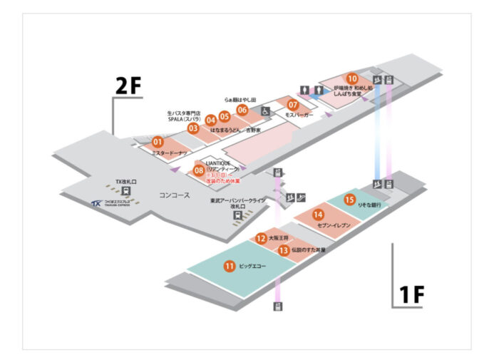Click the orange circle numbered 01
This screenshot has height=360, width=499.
click(x=158, y=143)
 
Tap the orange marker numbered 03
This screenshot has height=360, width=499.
click(x=192, y=128)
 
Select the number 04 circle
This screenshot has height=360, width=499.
click(x=211, y=120)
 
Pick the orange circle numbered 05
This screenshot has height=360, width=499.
click(x=225, y=115)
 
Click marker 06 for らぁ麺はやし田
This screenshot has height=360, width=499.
click(x=242, y=110)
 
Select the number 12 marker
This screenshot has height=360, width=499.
click(x=262, y=238)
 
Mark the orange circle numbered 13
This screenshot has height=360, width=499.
click(x=284, y=250)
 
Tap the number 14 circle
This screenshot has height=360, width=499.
click(x=318, y=214)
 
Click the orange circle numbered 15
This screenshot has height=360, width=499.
click(x=349, y=200)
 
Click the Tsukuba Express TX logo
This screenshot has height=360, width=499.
click(x=96, y=205)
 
